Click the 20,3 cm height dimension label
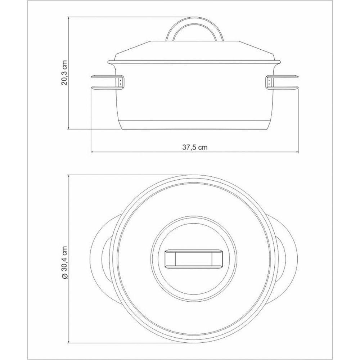65,73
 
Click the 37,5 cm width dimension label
195,147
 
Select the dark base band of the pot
194,125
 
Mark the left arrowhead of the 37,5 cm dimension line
92,152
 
